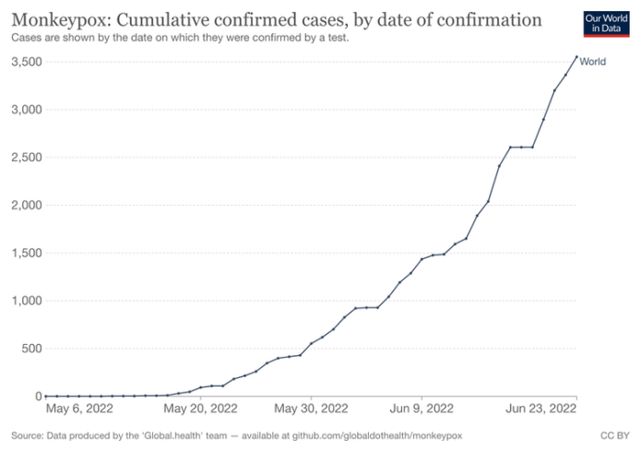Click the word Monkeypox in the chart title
53,18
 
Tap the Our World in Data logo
607,24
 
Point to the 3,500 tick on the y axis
23,62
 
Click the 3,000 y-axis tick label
23,110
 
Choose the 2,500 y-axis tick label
23,158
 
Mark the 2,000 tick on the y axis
23,205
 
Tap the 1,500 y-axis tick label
23,253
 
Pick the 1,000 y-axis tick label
23,301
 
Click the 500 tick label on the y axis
28,349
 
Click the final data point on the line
576,57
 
